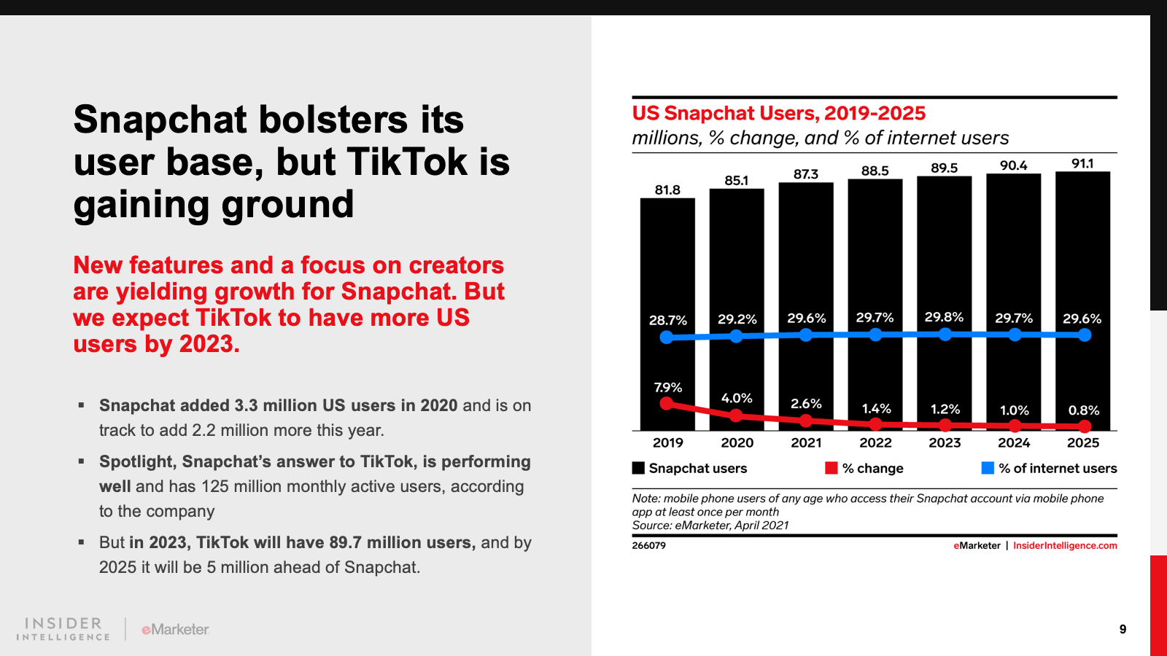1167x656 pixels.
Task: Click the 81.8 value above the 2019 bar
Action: coord(667,190)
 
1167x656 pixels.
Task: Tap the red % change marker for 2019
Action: coord(667,403)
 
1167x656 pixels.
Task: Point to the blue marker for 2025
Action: coord(1085,335)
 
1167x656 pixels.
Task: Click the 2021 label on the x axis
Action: coord(806,442)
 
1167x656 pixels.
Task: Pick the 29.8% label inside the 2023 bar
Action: coord(944,318)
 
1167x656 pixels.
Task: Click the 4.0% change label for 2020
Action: coord(737,398)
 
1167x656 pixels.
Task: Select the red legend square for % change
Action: coord(831,468)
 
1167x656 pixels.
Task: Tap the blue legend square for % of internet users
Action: coord(988,468)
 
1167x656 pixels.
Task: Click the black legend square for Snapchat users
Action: coord(638,468)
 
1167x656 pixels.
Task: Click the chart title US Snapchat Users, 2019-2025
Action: coord(778,114)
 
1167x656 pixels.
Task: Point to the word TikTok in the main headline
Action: coord(407,162)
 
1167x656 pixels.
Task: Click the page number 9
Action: coord(1123,629)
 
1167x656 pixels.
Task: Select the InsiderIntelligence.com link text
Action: coord(1065,546)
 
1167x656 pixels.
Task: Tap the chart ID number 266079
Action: coord(648,546)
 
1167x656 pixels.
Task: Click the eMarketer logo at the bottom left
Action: coord(175,629)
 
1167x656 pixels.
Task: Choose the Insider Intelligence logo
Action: coord(63,629)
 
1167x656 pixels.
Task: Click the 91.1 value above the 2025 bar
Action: coord(1082,164)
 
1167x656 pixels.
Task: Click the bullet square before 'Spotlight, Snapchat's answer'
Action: coord(82,461)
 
